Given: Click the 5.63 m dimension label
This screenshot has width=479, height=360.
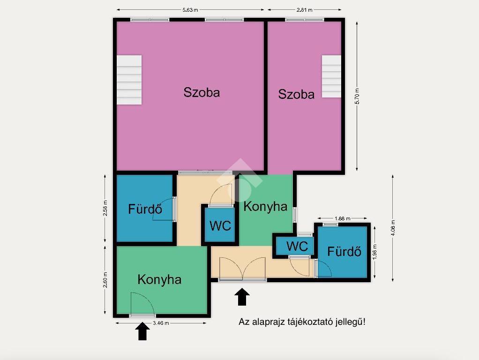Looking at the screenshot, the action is [x=190, y=10].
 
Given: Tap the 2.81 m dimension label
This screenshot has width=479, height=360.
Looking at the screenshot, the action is [x=304, y=10].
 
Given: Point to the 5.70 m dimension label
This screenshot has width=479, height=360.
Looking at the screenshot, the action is [x=357, y=96].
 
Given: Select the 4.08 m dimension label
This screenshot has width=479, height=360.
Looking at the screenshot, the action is [x=393, y=228].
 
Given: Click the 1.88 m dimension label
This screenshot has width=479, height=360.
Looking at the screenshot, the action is [x=343, y=218].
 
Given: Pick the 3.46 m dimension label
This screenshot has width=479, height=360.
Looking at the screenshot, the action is [x=161, y=323].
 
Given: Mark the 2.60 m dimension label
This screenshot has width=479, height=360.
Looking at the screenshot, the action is [x=105, y=280].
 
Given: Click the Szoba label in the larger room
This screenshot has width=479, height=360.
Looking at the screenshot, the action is [x=202, y=92].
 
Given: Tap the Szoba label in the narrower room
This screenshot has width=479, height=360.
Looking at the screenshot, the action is [x=296, y=94].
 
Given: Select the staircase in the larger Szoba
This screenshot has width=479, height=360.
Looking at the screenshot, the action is [x=129, y=80].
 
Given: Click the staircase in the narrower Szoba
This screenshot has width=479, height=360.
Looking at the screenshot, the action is [x=331, y=76].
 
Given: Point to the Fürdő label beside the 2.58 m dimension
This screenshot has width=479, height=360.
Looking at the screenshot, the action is [x=145, y=209].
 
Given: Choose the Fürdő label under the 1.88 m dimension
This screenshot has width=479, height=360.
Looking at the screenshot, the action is [x=344, y=252].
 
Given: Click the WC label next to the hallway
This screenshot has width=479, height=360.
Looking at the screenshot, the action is [x=220, y=226].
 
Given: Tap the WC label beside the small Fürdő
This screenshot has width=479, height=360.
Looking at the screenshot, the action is [x=297, y=246].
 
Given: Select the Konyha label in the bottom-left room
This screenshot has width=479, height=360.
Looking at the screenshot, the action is [x=159, y=280].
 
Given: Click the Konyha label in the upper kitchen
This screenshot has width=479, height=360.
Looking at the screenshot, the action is [x=265, y=207].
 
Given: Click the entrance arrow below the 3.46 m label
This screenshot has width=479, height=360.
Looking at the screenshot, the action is [x=142, y=331].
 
